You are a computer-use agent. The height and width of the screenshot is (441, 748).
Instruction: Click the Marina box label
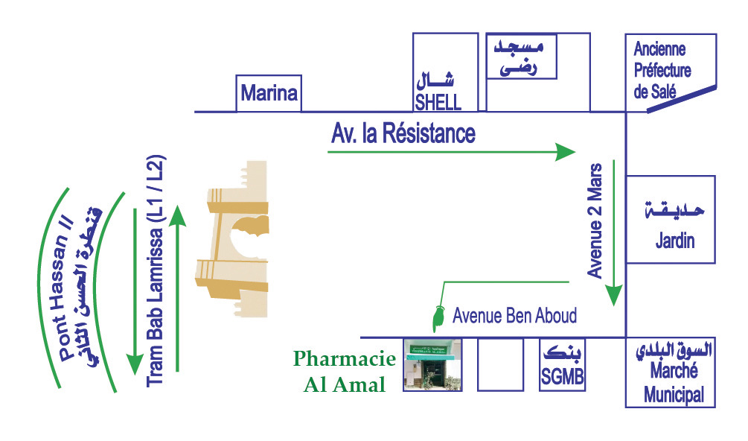(x=269, y=94)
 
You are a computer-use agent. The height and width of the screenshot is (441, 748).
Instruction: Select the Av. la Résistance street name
(x=403, y=135)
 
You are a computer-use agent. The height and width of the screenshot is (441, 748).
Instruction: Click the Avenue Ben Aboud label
(x=514, y=316)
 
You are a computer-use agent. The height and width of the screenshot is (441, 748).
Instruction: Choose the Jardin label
(x=674, y=241)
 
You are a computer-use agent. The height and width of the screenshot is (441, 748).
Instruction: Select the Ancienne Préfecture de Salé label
(x=662, y=72)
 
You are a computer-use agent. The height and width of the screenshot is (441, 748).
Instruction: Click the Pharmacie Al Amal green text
(x=345, y=372)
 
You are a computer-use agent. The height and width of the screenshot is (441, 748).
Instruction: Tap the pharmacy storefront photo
(x=432, y=365)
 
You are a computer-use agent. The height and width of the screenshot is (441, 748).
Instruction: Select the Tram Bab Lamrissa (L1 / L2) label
(x=156, y=270)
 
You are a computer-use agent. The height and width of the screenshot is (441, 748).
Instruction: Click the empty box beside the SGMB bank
(x=500, y=365)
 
